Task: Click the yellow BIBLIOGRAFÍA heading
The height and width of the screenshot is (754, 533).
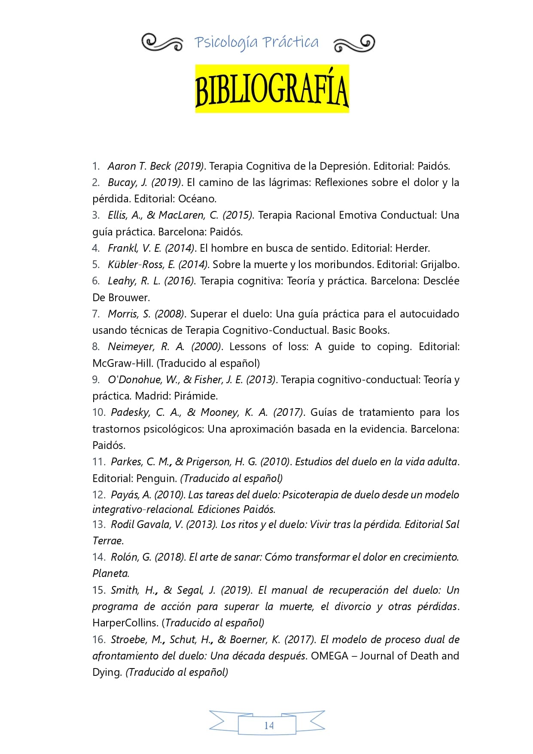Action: tap(272, 89)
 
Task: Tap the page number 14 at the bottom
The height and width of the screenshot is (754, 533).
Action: tap(269, 725)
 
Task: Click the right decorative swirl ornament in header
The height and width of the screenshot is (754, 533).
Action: tap(354, 43)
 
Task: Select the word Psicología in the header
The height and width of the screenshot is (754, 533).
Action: tap(226, 43)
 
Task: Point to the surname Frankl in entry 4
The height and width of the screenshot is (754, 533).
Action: tap(122, 248)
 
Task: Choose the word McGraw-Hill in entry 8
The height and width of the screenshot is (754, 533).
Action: tap(122, 363)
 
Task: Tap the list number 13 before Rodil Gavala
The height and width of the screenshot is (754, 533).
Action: tap(98, 524)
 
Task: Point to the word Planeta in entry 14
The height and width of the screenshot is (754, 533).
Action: tap(110, 573)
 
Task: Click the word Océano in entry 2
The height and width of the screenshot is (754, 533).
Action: tap(197, 198)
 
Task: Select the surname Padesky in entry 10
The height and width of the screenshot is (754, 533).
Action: tap(131, 412)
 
